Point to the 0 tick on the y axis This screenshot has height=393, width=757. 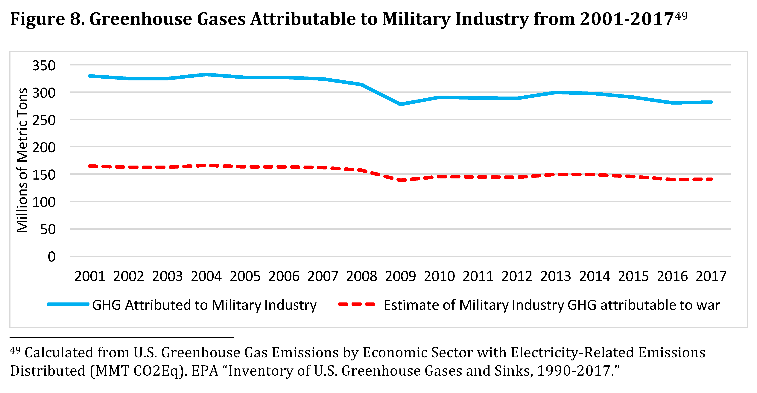tap(51, 257)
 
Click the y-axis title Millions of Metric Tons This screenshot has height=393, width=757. tap(22, 160)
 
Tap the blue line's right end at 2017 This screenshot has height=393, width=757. tap(711, 102)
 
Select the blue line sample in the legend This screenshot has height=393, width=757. tap(68, 305)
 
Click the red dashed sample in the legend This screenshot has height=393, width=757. tap(356, 305)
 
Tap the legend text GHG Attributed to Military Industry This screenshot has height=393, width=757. tap(204, 305)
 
